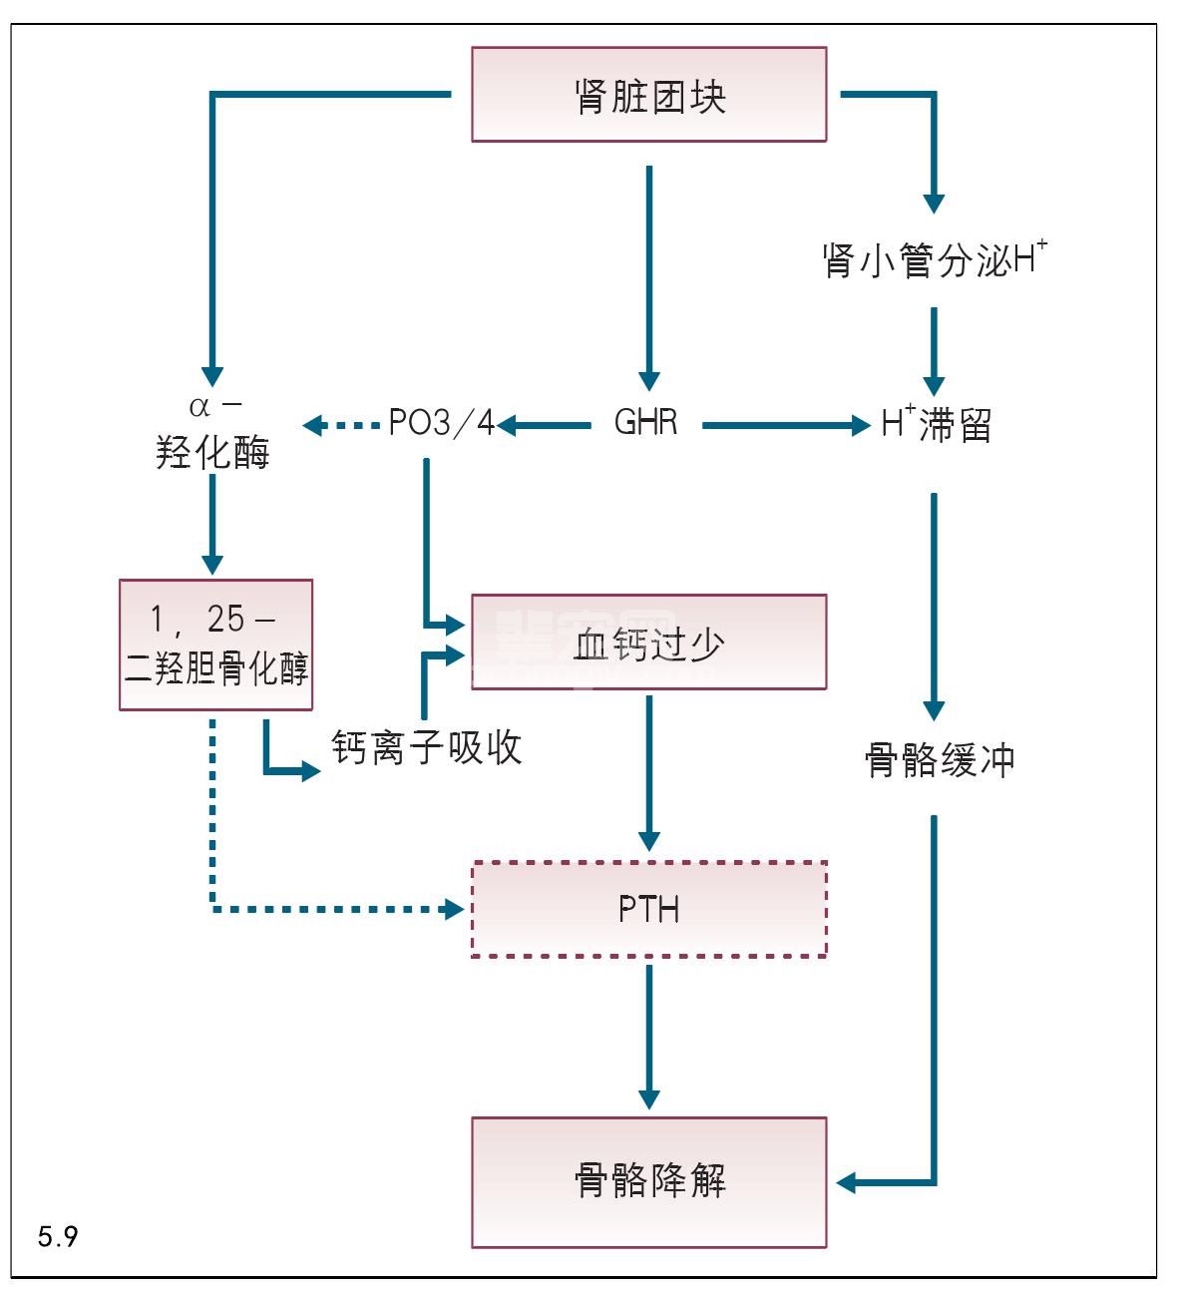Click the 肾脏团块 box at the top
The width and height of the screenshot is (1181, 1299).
(648, 95)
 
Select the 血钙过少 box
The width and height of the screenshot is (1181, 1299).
(648, 643)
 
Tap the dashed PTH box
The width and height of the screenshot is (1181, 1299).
(648, 909)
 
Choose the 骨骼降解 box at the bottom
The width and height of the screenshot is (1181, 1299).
(648, 1181)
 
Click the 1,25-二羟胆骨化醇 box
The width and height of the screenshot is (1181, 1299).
(215, 645)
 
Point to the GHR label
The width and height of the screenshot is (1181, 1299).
(646, 423)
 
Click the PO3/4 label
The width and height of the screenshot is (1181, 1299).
(441, 424)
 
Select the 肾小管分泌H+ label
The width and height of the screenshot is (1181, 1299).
(934, 259)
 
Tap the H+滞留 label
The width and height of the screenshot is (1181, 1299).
(936, 425)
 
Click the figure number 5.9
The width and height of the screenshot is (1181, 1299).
(58, 1237)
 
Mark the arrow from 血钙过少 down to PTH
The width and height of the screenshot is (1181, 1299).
(649, 773)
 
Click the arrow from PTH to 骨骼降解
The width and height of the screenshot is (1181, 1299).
(649, 1036)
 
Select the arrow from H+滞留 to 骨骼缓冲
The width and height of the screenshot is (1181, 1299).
(934, 605)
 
